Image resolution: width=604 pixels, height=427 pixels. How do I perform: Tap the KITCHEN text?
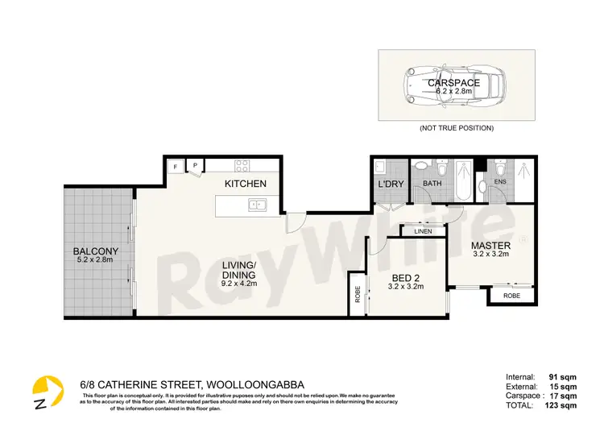tap(245, 184)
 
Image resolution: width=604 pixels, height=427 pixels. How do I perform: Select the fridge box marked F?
tap(175, 167)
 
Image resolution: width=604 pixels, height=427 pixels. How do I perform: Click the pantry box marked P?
tap(194, 166)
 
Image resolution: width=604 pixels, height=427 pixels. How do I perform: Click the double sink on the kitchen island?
tap(256, 205)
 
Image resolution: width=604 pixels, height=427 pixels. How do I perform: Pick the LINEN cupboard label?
tap(423, 232)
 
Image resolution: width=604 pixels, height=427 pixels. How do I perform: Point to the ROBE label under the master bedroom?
tap(511, 296)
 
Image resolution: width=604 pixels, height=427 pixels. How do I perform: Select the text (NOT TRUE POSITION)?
tap(456, 128)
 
